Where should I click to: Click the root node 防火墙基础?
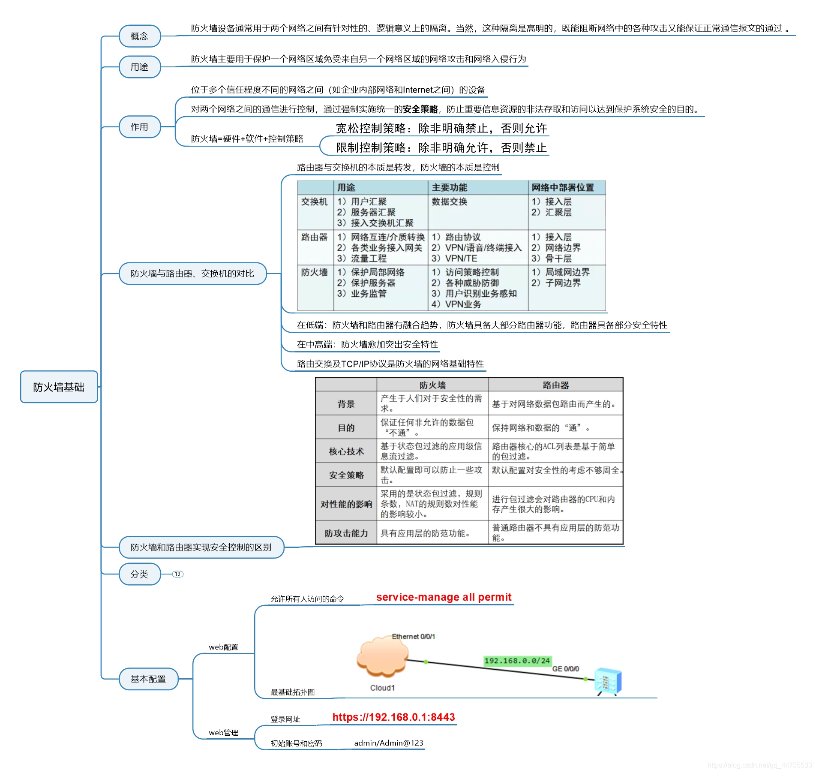[59, 387]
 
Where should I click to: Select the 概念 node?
[139, 36]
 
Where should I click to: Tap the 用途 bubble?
[139, 67]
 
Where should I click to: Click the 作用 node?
[139, 127]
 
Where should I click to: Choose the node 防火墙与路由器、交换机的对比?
[192, 274]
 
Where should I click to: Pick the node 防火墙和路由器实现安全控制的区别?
[201, 547]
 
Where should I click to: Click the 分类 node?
[139, 574]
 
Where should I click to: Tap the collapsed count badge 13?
[177, 574]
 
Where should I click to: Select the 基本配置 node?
[148, 679]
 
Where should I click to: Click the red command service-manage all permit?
[444, 597]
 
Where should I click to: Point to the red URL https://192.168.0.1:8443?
[393, 717]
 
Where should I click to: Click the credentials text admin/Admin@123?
[388, 743]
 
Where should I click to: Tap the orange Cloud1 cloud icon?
[381, 658]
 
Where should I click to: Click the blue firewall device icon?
[608, 681]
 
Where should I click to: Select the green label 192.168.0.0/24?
[517, 661]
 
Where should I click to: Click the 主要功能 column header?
[449, 187]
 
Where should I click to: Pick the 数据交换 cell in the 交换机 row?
[449, 202]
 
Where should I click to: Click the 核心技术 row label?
[346, 451]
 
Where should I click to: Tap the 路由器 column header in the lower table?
[555, 385]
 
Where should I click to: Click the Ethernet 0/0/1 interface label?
[413, 637]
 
